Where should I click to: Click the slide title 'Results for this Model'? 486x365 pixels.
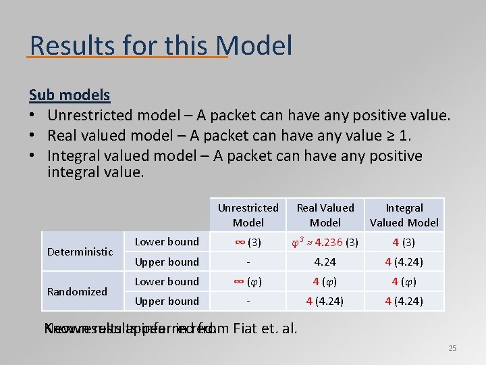coord(161,45)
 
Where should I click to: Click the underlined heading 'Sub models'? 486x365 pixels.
coord(70,95)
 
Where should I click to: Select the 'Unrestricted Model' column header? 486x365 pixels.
coord(248,215)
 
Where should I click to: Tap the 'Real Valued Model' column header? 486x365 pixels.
coord(325,215)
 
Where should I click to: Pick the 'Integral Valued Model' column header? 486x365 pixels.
coord(404,215)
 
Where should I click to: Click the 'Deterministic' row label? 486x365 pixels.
coord(80,251)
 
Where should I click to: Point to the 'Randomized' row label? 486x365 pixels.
coord(77,291)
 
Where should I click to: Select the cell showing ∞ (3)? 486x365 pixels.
coord(248,242)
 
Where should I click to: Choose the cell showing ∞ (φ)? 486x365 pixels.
coord(248,282)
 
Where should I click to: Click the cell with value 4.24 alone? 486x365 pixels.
coord(325,262)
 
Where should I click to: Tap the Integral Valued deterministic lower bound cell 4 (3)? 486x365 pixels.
coord(404,242)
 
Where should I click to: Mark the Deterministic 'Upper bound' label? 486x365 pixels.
coord(167,262)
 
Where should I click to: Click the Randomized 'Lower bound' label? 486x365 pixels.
coord(167,281)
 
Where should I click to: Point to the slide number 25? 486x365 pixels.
coord(452,348)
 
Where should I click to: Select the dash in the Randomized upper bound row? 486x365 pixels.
coord(248,301)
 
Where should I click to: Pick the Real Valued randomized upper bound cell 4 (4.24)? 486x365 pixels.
coord(325,301)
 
